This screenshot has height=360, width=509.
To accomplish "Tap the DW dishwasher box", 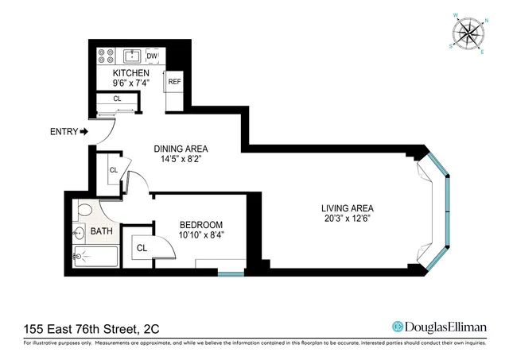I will pyautogui.click(x=152, y=56).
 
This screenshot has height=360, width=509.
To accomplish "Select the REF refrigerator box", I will pyautogui.click(x=174, y=82).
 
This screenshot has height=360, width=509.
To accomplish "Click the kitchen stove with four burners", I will pyautogui.click(x=105, y=56).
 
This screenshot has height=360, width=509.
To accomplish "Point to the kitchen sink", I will pyautogui.click(x=131, y=56).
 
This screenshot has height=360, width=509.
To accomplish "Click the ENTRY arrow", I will pyautogui.click(x=84, y=132).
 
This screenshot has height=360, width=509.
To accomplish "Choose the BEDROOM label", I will pyautogui.click(x=200, y=225).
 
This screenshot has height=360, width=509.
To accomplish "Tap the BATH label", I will pyautogui.click(x=101, y=232).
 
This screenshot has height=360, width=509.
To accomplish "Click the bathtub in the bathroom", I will pyautogui.click(x=95, y=255).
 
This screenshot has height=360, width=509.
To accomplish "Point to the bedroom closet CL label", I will pyautogui.click(x=142, y=248).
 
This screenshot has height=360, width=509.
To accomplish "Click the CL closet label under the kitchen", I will pyautogui.click(x=116, y=99).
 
